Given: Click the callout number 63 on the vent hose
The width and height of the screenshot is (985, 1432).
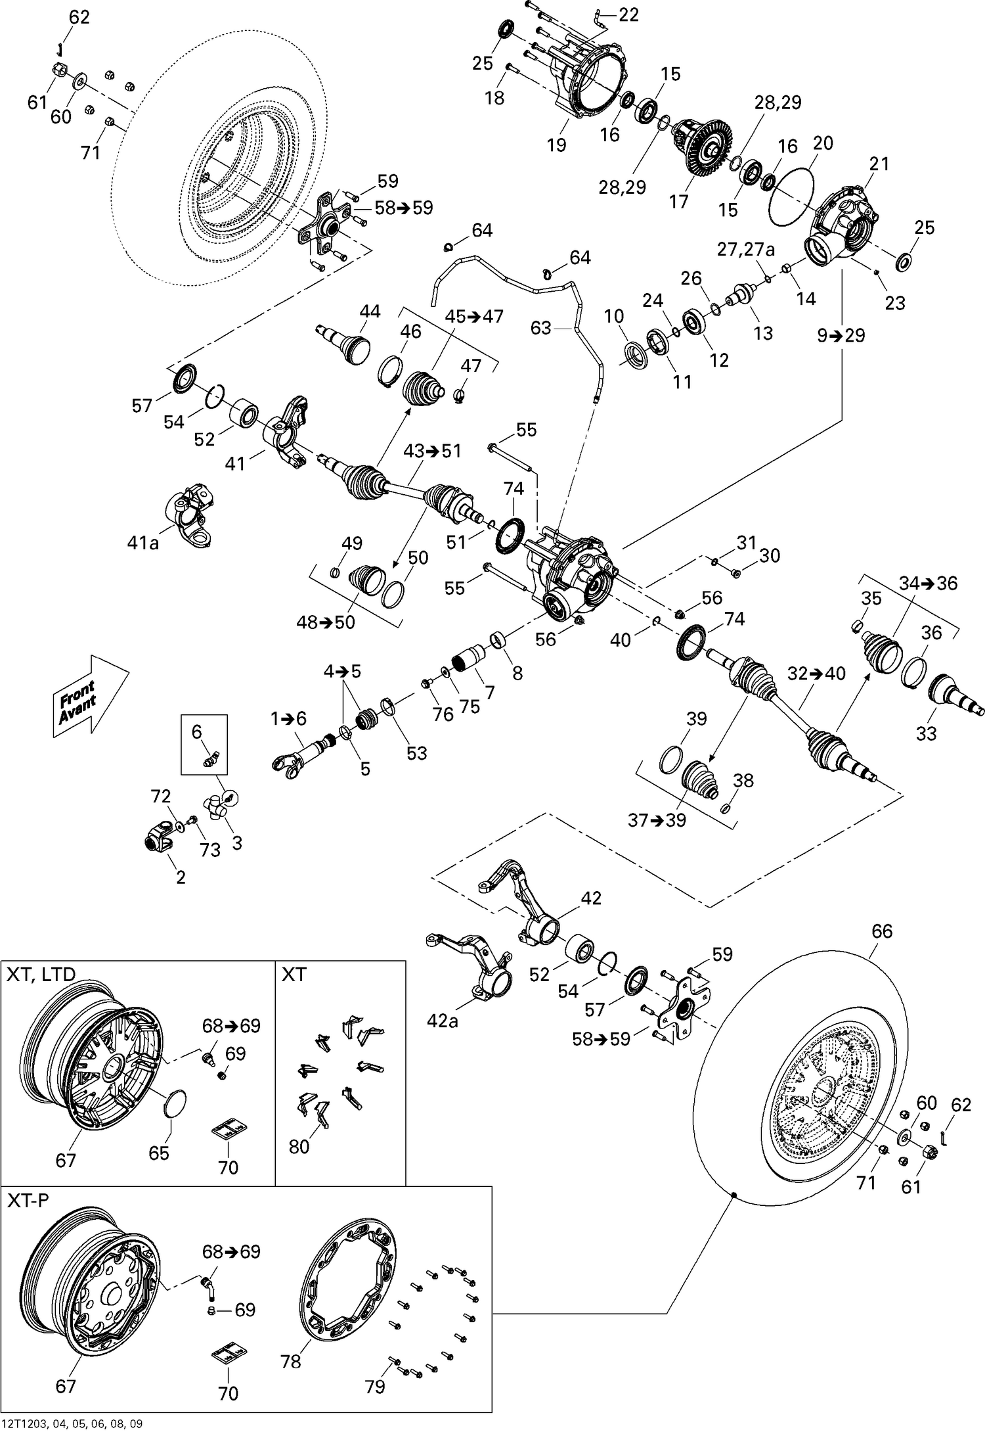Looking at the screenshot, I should point(540,327).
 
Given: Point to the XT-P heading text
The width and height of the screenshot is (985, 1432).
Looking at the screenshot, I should point(28,1201).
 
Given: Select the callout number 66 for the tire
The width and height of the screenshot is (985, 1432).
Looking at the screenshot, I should point(882,931).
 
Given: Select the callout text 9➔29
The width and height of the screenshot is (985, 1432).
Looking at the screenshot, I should point(841,335).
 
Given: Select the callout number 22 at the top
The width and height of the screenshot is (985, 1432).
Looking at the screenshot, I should point(628,14).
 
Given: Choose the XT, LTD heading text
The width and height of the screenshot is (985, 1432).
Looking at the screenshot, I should point(41,973).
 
